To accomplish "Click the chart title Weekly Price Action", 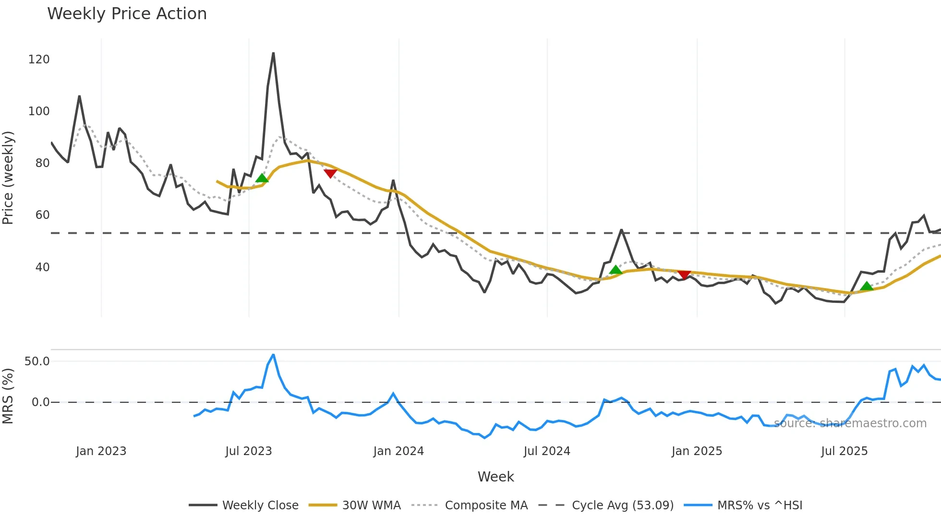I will coord(127,14).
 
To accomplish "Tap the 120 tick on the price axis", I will coord(39,60).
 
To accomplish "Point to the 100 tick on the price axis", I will coord(39,111).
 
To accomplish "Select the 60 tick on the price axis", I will coord(42,215).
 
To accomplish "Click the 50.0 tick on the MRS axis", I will coord(37,361).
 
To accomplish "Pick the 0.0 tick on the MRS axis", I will coord(40,402).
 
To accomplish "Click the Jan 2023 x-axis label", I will coord(101,451).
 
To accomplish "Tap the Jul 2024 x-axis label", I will coord(547,451).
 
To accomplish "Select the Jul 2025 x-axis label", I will coord(844,451).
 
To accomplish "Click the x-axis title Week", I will coord(495,477).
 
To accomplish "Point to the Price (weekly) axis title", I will coord(8,178).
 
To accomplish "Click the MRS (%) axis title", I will coord(8,396).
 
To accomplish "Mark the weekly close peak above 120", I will coord(273,53).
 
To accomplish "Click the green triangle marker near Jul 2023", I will coord(262,178).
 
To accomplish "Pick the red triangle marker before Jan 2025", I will coord(684,275).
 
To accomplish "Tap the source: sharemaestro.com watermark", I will coord(850,423).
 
